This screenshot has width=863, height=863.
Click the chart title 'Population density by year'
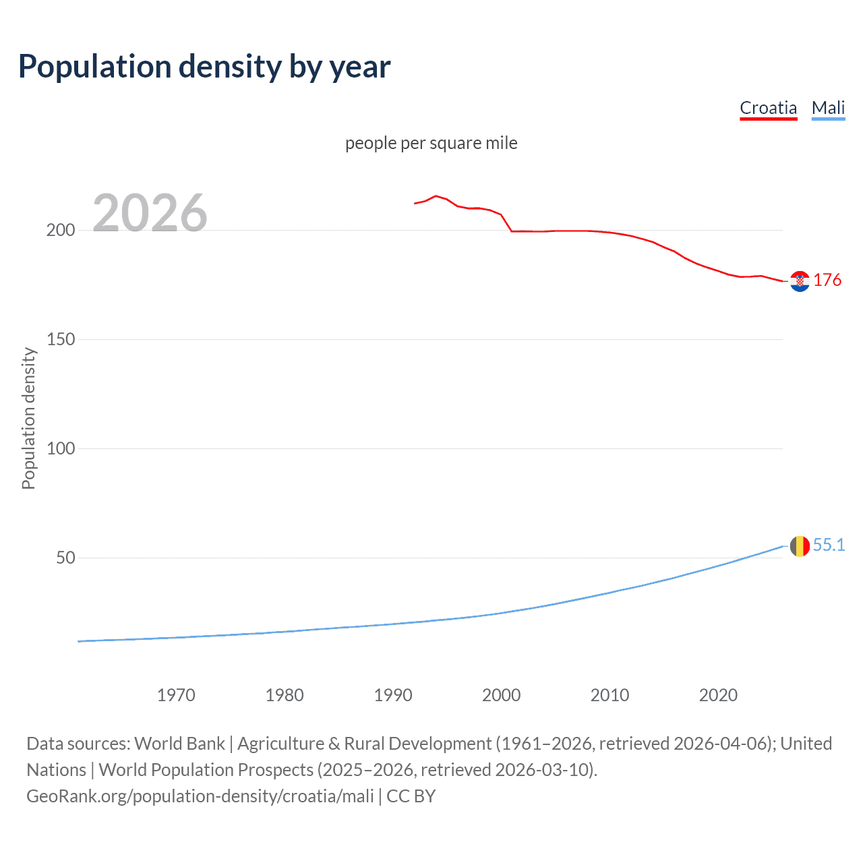(204, 67)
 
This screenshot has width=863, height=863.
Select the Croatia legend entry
(768, 108)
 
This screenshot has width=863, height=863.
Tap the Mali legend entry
(828, 108)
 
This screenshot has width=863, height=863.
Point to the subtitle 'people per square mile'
(431, 143)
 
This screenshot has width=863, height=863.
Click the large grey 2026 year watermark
(150, 213)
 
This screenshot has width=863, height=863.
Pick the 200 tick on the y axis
(61, 231)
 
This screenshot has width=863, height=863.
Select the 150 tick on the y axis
(61, 340)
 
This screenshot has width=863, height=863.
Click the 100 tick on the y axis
(61, 449)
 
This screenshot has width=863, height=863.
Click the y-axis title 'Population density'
(28, 418)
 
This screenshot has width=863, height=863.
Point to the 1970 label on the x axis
(176, 695)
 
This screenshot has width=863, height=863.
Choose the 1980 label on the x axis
(285, 695)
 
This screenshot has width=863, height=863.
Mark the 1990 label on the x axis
(393, 695)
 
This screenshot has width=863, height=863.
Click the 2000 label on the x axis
(502, 695)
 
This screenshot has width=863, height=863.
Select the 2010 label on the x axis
(610, 695)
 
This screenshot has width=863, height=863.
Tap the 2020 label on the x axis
(719, 695)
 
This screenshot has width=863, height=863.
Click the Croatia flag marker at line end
(800, 281)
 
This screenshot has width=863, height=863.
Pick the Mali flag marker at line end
(800, 546)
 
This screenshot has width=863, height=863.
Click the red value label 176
(827, 280)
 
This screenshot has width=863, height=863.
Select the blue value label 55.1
(829, 545)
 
